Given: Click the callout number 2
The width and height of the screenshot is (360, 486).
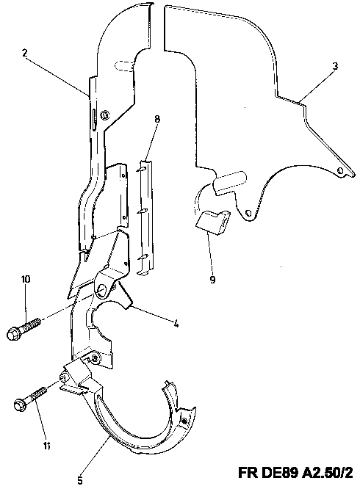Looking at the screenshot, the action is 25,52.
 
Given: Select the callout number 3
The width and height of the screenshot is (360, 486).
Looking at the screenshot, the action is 335,66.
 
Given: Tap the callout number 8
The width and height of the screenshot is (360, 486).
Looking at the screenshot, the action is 157,119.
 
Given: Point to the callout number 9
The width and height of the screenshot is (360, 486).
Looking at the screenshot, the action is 212,280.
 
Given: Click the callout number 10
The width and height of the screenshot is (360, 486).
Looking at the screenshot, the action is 26,279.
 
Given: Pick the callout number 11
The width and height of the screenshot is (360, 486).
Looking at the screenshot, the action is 46,446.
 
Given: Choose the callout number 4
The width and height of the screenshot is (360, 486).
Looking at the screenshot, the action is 176,324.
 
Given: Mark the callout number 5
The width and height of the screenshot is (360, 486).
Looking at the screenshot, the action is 80,480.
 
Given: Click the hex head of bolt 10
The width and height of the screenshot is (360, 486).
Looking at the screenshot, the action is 12,334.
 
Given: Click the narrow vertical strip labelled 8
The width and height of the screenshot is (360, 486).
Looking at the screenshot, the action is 146,217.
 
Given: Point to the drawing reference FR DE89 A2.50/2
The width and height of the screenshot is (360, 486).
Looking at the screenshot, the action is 295,473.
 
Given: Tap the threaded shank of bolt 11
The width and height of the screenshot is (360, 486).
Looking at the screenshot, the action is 37,396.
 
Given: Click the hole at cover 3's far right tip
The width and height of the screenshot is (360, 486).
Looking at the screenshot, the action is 340,171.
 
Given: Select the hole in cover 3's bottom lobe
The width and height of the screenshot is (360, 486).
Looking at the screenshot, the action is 248,213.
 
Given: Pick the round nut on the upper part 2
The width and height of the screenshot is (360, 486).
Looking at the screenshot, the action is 104,115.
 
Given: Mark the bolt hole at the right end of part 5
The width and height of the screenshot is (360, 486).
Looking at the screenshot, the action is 184,421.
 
